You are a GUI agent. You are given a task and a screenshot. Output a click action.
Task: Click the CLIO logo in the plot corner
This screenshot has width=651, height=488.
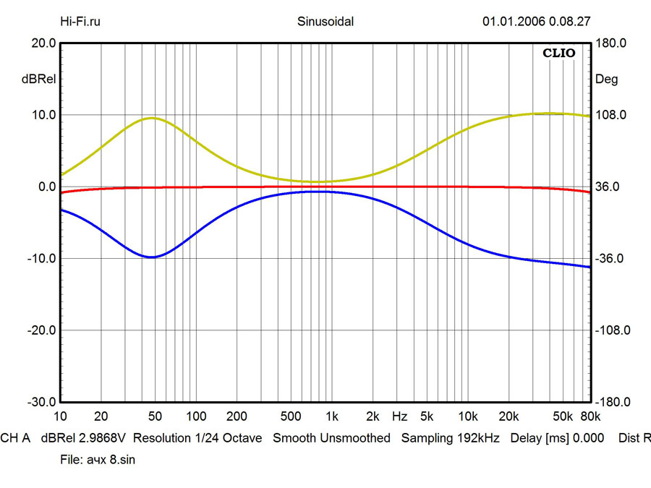coord(559,53)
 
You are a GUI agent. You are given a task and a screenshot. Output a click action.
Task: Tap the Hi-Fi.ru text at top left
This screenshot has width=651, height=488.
coord(80,21)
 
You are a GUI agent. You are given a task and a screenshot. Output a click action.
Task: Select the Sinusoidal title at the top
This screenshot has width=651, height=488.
coord(325,21)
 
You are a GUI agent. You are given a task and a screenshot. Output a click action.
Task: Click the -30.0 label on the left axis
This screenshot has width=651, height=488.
coord(43,402)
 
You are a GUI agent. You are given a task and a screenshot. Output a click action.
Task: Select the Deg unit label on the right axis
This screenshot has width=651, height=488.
coord(606,80)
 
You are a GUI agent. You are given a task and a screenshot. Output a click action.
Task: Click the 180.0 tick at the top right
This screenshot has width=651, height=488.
coord(610,43)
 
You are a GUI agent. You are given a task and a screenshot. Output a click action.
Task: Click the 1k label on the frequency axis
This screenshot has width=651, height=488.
coord(331,416)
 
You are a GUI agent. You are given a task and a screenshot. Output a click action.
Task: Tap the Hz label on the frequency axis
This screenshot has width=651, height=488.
coord(399,416)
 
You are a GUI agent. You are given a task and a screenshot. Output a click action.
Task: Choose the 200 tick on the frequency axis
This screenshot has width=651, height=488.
coord(237,416)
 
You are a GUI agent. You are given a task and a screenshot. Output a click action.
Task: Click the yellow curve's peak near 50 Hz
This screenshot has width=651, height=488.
coord(152,118)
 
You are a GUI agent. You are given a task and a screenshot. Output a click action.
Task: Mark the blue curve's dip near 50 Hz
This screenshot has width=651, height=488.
coord(151,257)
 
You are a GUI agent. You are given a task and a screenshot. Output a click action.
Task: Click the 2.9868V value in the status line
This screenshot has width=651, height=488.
coord(104,438)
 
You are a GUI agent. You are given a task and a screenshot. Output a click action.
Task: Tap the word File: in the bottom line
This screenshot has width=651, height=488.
coord(71,460)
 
